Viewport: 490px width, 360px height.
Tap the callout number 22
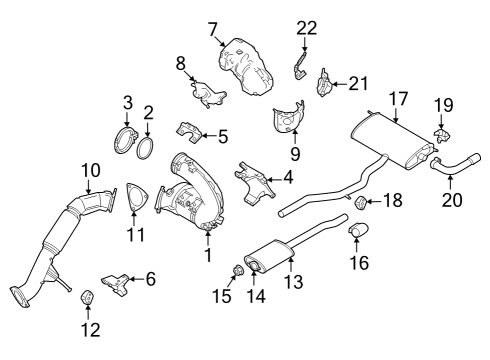tap(307, 28)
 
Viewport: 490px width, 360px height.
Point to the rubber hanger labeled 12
tap(86, 297)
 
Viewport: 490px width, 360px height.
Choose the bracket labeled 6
tap(116, 285)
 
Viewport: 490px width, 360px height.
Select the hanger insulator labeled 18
tap(358, 204)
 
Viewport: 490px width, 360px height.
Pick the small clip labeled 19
tap(441, 132)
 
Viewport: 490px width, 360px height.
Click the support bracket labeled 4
tap(256, 183)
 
